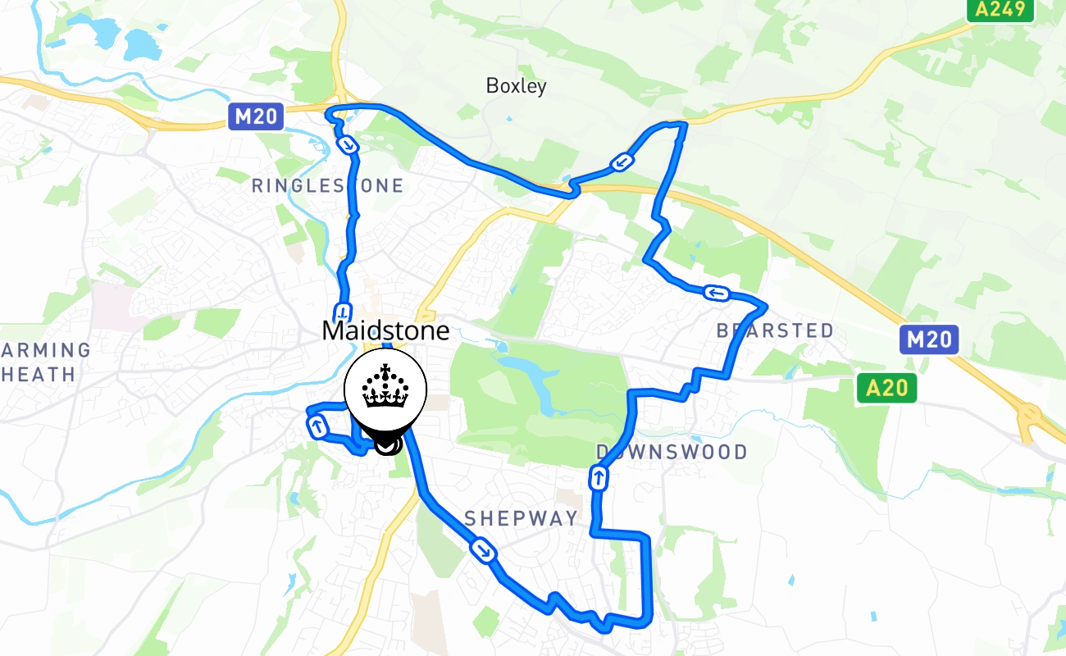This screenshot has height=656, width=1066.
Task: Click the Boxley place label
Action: [516, 85]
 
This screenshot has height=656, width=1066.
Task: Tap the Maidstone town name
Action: [385, 331]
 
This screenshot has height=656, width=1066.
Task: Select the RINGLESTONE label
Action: [327, 186]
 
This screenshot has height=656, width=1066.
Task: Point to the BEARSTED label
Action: [775, 330]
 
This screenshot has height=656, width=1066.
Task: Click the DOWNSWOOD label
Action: [672, 452]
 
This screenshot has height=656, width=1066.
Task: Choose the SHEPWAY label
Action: [522, 518]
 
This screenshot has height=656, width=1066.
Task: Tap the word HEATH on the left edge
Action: [39, 375]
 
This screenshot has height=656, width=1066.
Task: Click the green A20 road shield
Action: [886, 388]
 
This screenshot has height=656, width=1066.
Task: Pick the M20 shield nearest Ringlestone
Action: [256, 116]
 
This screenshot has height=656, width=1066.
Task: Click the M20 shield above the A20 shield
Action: [928, 339]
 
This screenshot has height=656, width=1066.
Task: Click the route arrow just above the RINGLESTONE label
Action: [348, 145]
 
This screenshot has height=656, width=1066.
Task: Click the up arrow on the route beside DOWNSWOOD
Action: [599, 478]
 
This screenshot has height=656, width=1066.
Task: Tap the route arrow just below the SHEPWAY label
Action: [484, 550]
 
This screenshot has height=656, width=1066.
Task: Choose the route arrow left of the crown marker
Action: [317, 426]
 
